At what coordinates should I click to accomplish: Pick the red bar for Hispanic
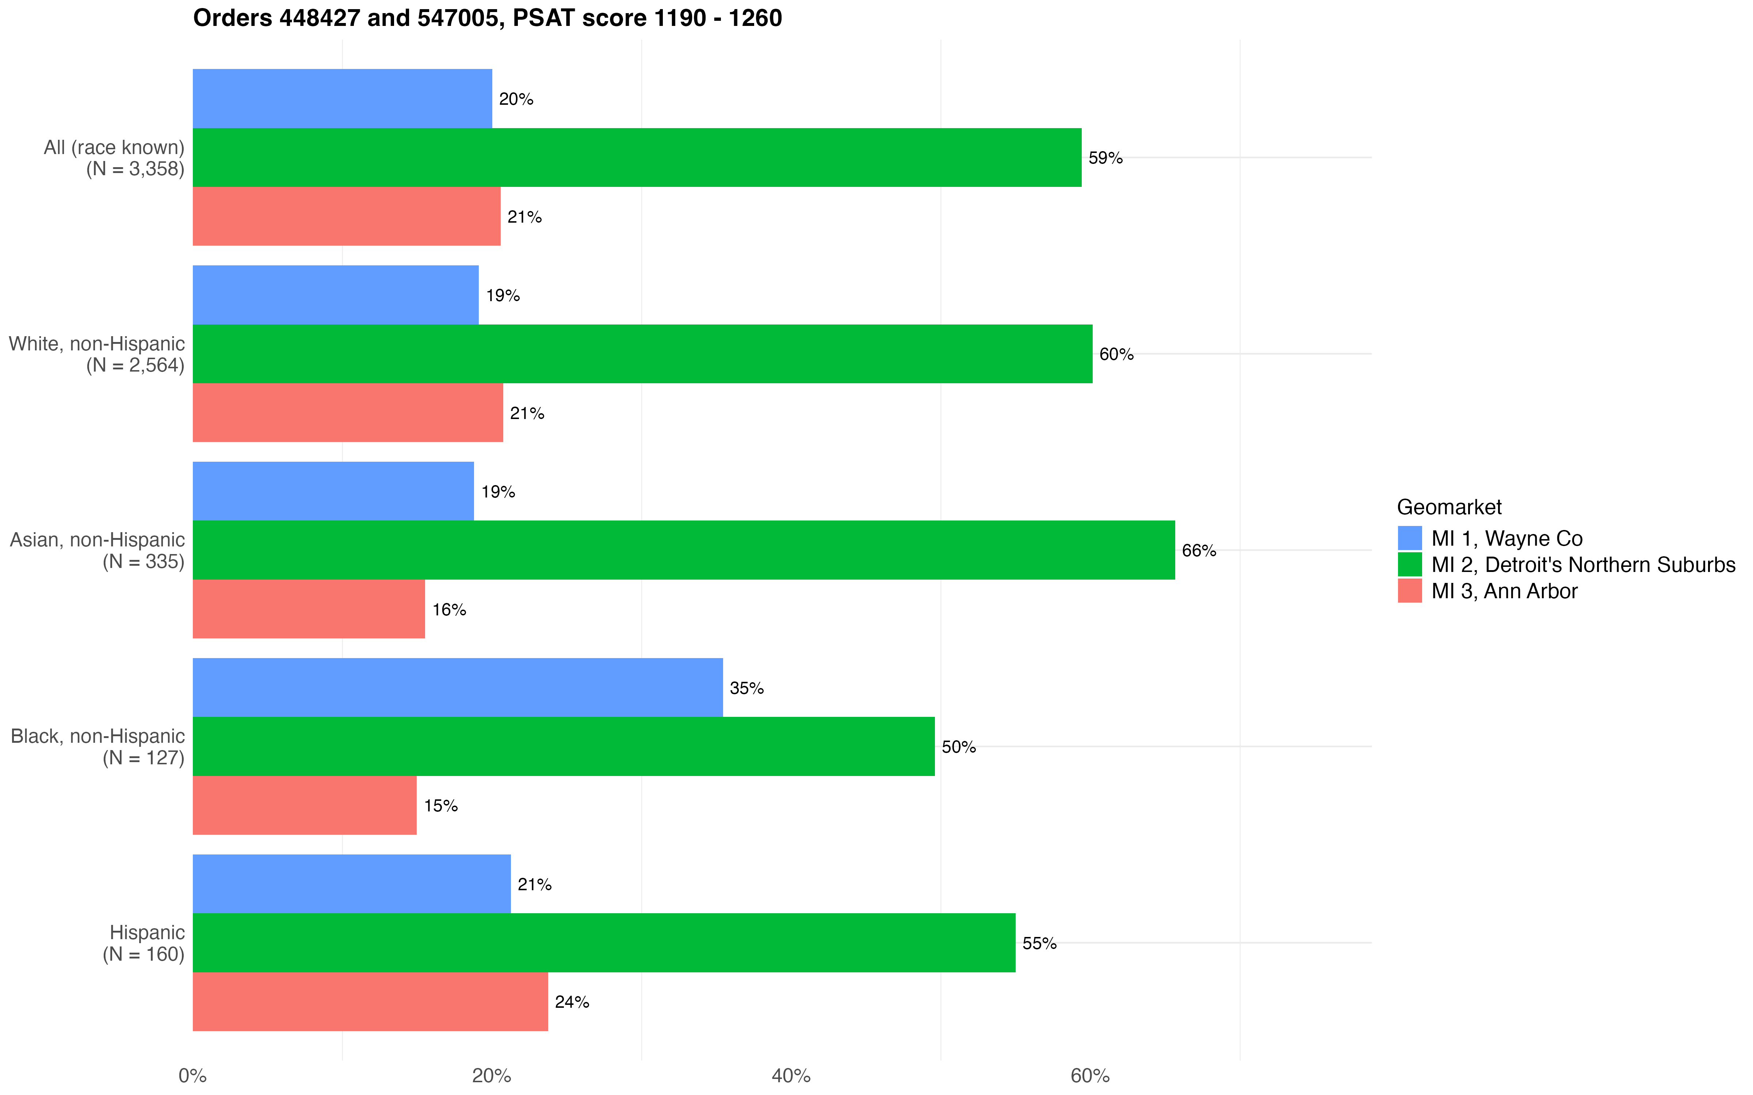pyautogui.click(x=370, y=1002)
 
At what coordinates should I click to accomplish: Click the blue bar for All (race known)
pyautogui.click(x=342, y=99)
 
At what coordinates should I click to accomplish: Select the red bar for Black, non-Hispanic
pyautogui.click(x=304, y=805)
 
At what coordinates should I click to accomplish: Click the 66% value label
pyautogui.click(x=1199, y=550)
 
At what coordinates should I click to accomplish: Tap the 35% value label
pyautogui.click(x=746, y=688)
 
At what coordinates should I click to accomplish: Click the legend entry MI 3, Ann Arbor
pyautogui.click(x=1504, y=591)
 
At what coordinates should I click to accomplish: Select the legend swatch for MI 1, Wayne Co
pyautogui.click(x=1410, y=538)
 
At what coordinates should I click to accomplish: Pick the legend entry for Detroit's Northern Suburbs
pyautogui.click(x=1583, y=565)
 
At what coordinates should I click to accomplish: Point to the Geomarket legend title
pyautogui.click(x=1449, y=507)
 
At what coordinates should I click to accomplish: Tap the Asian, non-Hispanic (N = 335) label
pyautogui.click(x=98, y=550)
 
